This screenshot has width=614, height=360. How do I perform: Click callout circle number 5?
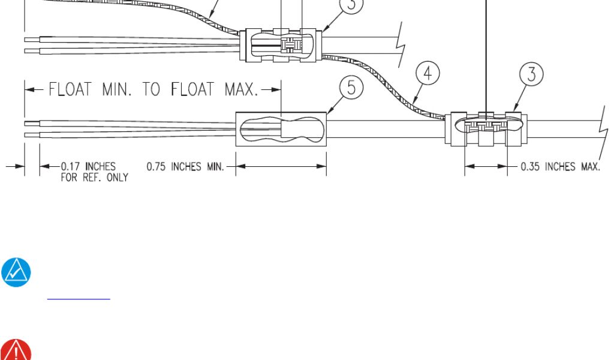pos(351,88)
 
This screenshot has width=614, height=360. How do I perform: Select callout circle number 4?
pos(428,73)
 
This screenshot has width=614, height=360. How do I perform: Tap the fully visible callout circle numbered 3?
pos(531,74)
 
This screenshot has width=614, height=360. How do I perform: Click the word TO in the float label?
pos(151,89)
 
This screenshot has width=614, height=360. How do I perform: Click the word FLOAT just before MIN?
pos(70,89)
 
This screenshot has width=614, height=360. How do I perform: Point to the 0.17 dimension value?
pos(71,166)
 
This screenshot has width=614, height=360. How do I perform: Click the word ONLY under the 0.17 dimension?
pos(118,178)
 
